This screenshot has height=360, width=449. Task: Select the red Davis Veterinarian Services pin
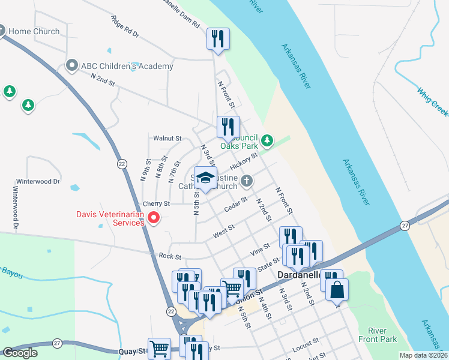[153, 218]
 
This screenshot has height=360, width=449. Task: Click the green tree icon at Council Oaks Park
[267, 141]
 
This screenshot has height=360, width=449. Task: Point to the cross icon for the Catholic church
[246, 181]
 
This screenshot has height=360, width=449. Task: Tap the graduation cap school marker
[205, 178]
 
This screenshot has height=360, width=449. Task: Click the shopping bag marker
[337, 290]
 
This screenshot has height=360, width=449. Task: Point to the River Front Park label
[382, 335]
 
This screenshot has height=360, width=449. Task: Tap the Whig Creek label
[433, 97]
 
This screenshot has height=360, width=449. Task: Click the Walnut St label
[167, 138]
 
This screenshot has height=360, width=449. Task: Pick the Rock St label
[170, 257]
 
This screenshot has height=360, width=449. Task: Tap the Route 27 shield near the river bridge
[405, 226]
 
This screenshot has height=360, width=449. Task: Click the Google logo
[20, 353]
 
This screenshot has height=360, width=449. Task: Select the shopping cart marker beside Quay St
[159, 348]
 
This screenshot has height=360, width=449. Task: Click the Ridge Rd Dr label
[125, 27]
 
